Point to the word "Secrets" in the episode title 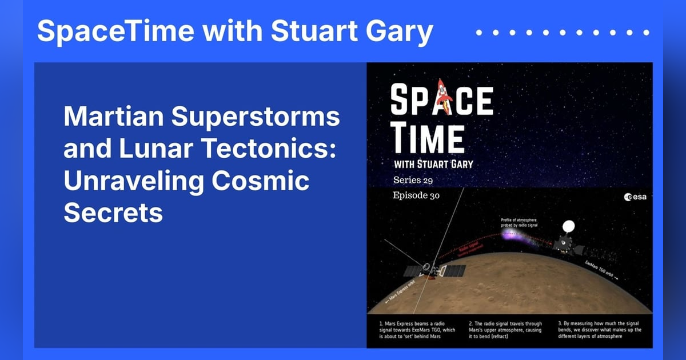click(x=113, y=213)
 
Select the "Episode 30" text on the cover click(x=420, y=195)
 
